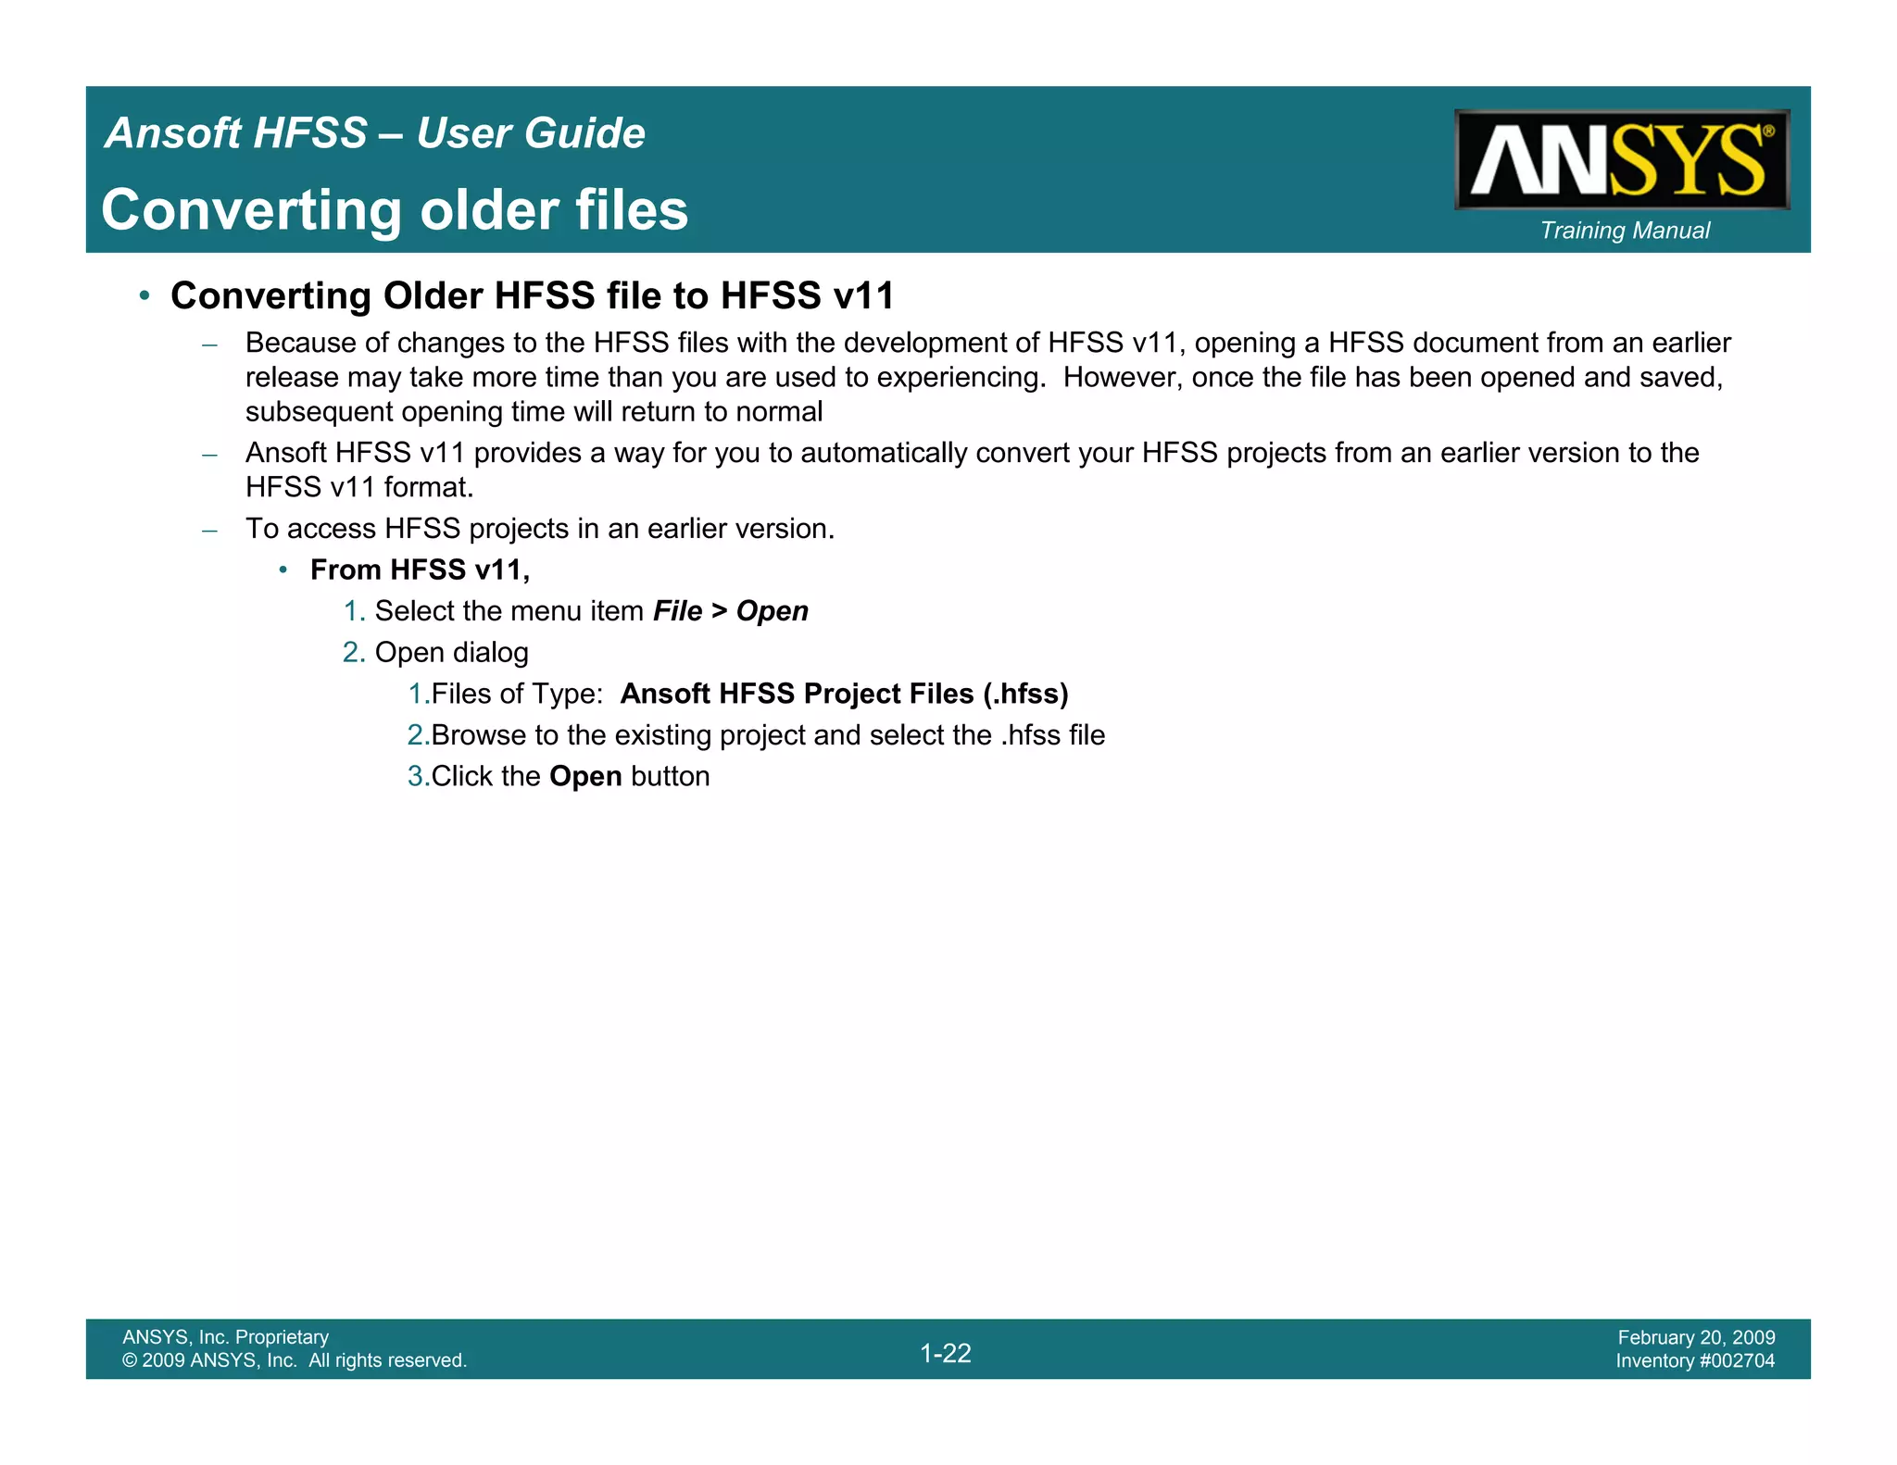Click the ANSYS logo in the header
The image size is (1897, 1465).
coord(1621,159)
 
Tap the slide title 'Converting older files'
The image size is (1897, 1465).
coord(395,210)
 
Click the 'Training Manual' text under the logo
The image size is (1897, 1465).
coord(1625,231)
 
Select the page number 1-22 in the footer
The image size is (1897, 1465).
coord(946,1353)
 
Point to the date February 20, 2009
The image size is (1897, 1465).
coord(1696,1337)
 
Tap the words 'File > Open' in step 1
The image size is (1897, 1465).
coord(730,611)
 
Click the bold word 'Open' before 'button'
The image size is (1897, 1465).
coord(585,776)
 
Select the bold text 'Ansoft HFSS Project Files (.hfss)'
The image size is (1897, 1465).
coord(844,694)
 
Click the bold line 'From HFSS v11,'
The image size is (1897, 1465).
coord(420,570)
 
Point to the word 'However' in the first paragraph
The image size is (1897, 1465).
coord(1119,378)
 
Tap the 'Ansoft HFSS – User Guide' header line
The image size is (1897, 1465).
coord(375,133)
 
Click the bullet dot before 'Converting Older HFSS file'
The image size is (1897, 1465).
coord(144,296)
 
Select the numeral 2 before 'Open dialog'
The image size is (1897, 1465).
coord(351,653)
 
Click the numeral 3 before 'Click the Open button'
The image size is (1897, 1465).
coord(415,776)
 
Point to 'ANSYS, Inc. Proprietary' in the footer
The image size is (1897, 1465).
coord(225,1337)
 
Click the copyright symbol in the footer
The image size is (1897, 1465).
coord(129,1360)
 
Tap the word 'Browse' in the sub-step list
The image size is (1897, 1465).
coord(478,735)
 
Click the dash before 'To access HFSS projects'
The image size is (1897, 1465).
coord(210,530)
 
